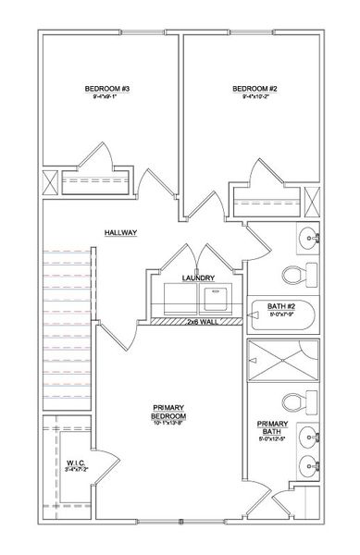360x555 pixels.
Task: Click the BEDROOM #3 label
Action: (106, 89)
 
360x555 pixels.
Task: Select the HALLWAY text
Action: (120, 234)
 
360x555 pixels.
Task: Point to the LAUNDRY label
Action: (199, 277)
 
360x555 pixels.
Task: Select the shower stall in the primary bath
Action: (282, 360)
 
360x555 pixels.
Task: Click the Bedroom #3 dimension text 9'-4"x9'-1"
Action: (106, 99)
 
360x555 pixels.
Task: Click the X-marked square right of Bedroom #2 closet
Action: (311, 200)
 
